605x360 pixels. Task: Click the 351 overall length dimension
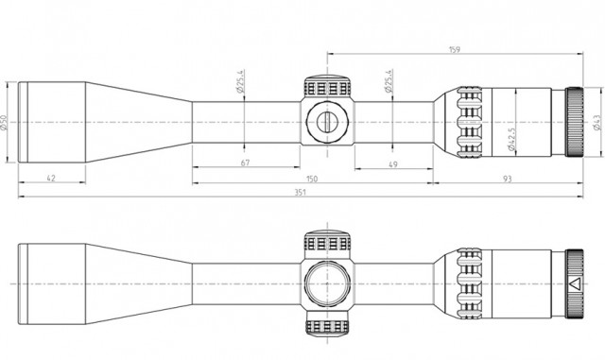pyautogui.click(x=300, y=192)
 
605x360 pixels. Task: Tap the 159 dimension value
pyautogui.click(x=455, y=50)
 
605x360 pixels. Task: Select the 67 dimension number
pyautogui.click(x=246, y=163)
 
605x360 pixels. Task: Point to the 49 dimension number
pyautogui.click(x=393, y=164)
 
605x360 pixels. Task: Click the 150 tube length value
pyautogui.click(x=312, y=179)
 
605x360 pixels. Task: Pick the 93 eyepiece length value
pyautogui.click(x=508, y=179)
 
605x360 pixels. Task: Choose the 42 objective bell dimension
pyautogui.click(x=51, y=178)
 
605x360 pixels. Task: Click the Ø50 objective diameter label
pyautogui.click(x=4, y=123)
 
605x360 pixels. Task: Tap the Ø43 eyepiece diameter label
pyautogui.click(x=597, y=123)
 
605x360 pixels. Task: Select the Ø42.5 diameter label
pyautogui.click(x=511, y=139)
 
